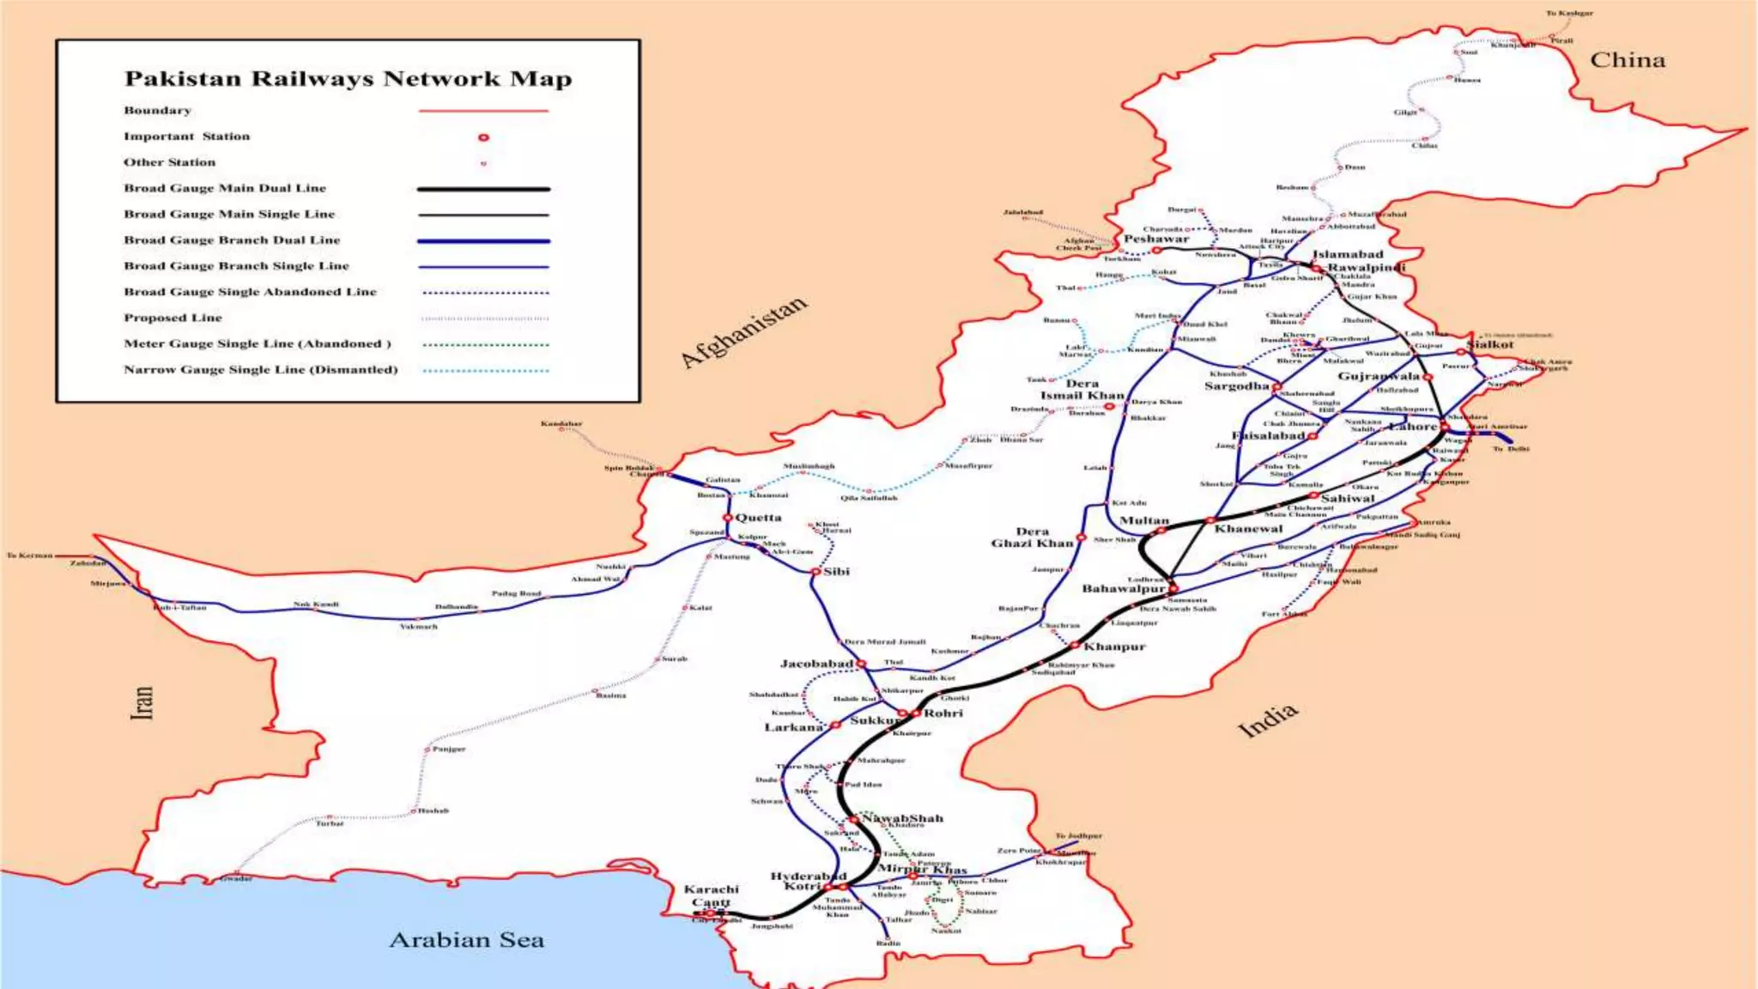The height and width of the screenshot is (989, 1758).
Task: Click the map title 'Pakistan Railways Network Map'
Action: [348, 79]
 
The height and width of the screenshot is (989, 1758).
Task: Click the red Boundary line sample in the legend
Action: [483, 111]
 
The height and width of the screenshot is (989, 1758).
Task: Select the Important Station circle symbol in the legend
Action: [483, 137]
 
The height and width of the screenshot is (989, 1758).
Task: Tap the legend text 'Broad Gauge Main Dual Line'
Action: [225, 188]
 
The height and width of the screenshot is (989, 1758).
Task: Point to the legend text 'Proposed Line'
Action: [173, 318]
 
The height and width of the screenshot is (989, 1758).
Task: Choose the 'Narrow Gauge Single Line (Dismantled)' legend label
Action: [261, 369]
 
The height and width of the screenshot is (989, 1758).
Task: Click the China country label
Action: [1628, 60]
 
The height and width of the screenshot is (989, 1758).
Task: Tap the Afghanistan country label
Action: [743, 331]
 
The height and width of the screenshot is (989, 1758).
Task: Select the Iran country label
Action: [142, 701]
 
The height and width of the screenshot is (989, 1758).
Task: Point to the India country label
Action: [1267, 720]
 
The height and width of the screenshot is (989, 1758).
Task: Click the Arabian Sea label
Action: [466, 940]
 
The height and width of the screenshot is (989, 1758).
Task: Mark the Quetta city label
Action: [759, 517]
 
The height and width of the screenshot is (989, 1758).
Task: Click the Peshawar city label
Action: [1156, 238]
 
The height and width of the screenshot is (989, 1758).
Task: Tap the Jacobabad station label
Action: [816, 664]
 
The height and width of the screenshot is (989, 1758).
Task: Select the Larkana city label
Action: [793, 727]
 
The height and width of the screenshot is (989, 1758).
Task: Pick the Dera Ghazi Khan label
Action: [1032, 537]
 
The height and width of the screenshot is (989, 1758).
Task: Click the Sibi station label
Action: [836, 571]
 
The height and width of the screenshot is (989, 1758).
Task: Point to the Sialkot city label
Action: [1490, 344]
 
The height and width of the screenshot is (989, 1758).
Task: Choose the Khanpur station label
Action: [1114, 646]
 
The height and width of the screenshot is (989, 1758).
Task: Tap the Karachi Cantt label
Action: [712, 895]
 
